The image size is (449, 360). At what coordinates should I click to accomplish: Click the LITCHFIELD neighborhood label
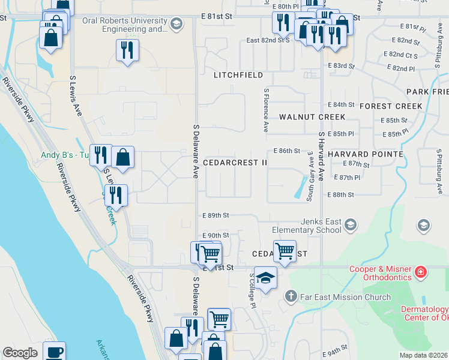pyautogui.click(x=238, y=75)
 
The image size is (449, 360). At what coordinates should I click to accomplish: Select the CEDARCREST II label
pyautogui.click(x=235, y=163)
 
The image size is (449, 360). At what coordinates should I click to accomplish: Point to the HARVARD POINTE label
pyautogui.click(x=365, y=154)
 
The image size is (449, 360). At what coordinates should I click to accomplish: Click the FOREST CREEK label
pyautogui.click(x=391, y=106)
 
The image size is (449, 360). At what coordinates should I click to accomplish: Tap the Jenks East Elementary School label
pyautogui.click(x=307, y=226)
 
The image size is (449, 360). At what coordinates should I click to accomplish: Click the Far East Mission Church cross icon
pyautogui.click(x=291, y=296)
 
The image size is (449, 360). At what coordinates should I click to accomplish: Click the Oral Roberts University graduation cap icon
pyautogui.click(x=175, y=24)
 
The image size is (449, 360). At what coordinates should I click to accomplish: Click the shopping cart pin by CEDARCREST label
pyautogui.click(x=284, y=250)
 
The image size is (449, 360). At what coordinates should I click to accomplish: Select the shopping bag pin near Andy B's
pyautogui.click(x=122, y=158)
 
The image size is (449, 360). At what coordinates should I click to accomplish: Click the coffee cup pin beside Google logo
pyautogui.click(x=54, y=352)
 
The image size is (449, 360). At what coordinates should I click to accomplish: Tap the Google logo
pyautogui.click(x=20, y=353)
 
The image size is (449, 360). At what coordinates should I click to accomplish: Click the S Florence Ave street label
pyautogui.click(x=265, y=111)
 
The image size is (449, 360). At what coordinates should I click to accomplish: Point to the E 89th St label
pyautogui.click(x=216, y=215)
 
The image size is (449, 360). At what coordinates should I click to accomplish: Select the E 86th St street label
pyautogui.click(x=286, y=151)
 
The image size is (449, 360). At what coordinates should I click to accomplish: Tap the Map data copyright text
pyautogui.click(x=423, y=355)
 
